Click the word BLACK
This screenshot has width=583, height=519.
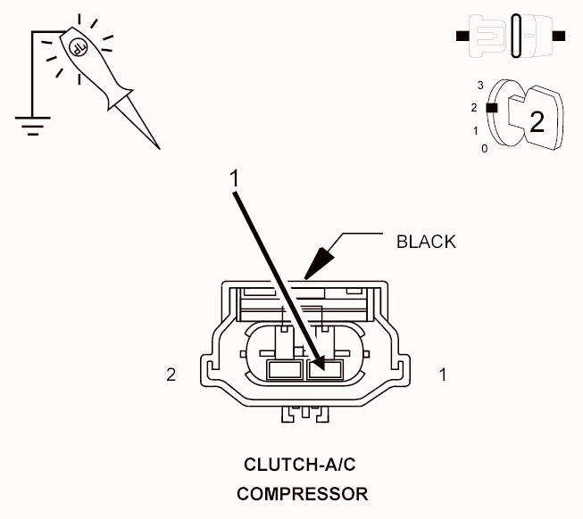[426, 242]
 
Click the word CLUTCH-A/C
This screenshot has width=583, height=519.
[300, 465]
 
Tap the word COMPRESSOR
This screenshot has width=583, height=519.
[303, 494]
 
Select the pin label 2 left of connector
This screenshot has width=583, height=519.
[171, 375]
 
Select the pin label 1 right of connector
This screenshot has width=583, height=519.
[443, 375]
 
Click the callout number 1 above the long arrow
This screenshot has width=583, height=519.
[234, 178]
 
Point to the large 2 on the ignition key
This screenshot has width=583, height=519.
[537, 122]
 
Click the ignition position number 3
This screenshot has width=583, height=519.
[480, 86]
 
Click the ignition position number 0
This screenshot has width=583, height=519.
[484, 149]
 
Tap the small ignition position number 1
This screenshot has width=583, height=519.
[476, 131]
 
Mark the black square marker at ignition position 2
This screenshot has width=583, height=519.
[492, 108]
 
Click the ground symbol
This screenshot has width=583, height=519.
[33, 127]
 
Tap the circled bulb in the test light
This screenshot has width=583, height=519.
[78, 47]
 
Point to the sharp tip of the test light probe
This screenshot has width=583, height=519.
[160, 149]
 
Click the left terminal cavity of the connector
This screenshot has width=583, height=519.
[285, 370]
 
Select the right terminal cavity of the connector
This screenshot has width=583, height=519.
[325, 370]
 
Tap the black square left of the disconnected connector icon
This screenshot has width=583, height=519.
[462, 36]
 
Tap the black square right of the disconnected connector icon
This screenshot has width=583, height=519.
[559, 36]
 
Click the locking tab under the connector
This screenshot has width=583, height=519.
[305, 414]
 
